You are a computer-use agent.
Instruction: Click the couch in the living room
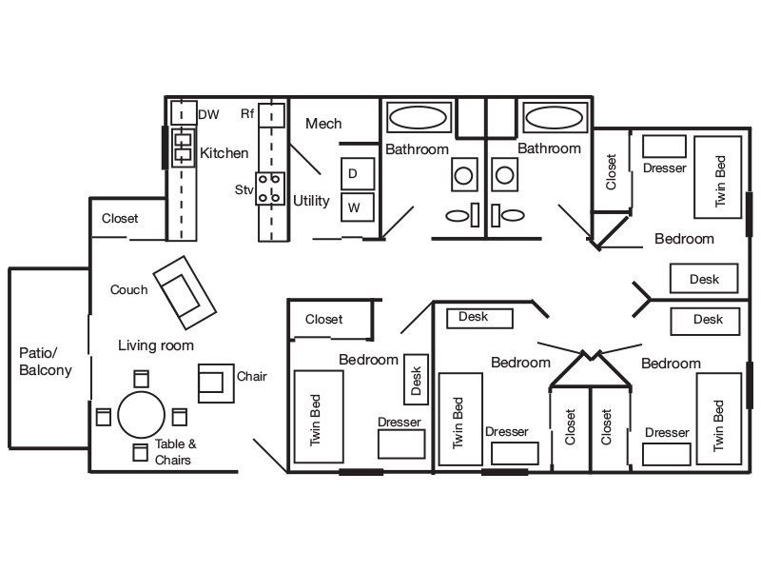click(184, 290)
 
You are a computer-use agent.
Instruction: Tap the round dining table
click(141, 415)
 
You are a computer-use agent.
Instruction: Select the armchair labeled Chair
click(215, 383)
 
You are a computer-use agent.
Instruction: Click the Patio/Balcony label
click(45, 362)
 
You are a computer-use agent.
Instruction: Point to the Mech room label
click(323, 124)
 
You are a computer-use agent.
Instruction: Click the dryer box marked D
click(357, 173)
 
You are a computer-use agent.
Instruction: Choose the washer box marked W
click(357, 206)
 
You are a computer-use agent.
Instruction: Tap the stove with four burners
click(271, 187)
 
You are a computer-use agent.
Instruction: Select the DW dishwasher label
click(208, 115)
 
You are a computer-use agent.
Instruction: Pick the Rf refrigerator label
click(247, 114)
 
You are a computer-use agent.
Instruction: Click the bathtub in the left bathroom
click(419, 118)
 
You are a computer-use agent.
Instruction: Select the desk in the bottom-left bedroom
click(415, 376)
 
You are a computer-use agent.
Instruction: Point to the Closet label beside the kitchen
click(120, 218)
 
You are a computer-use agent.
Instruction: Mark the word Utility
click(311, 201)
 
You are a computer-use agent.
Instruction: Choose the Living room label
click(156, 345)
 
